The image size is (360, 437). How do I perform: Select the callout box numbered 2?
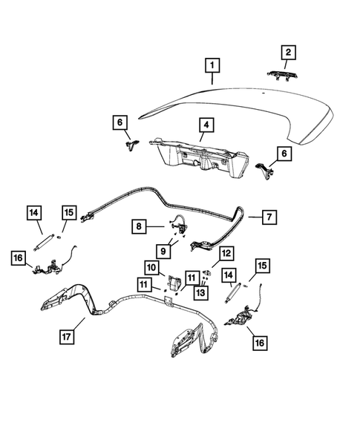tap(287, 52)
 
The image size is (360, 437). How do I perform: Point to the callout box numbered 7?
tap(269, 217)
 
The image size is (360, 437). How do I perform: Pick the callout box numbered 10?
tap(151, 267)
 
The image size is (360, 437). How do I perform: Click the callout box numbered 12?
tap(225, 254)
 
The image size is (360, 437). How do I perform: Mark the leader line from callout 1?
tap(214, 81)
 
